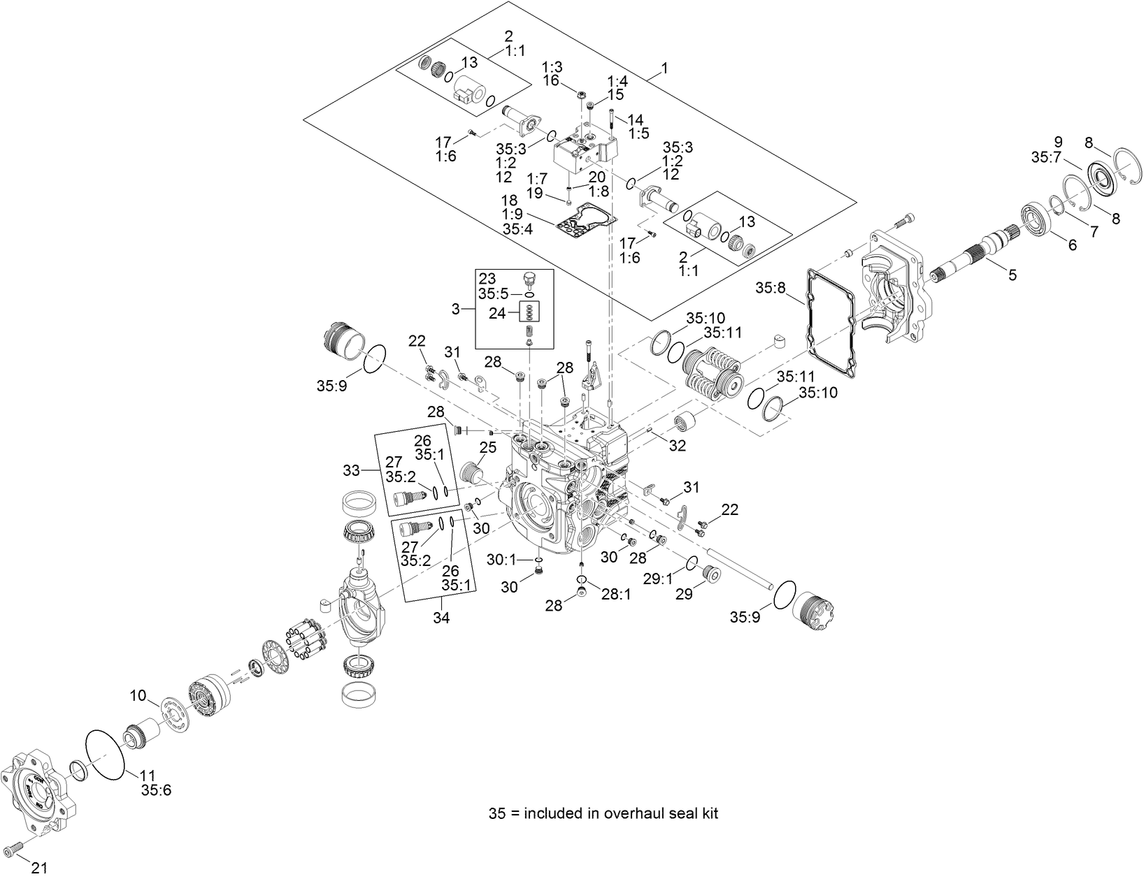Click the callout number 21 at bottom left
(x=39, y=867)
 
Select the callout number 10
(x=138, y=695)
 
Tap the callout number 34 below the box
(x=442, y=618)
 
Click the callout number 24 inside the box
(x=496, y=314)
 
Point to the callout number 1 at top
(x=664, y=68)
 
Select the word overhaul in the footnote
(x=631, y=813)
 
